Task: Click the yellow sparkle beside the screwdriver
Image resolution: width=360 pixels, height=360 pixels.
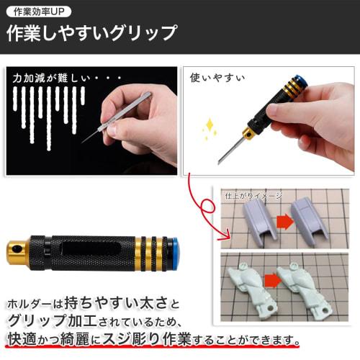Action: (210, 130)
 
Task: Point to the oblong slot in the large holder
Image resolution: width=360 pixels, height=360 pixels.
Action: (85, 249)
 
